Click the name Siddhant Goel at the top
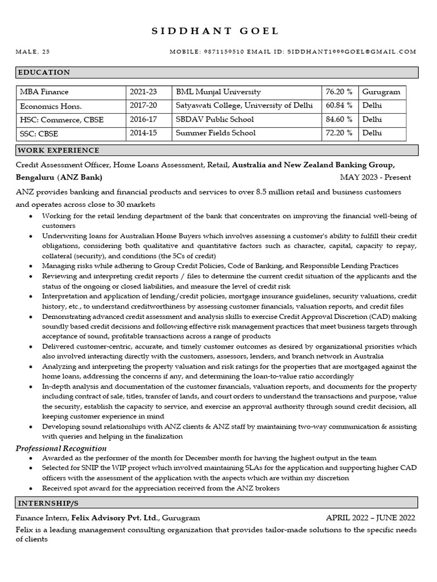(216, 31)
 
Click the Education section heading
(44, 73)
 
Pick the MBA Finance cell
(44, 92)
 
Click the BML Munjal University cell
(218, 92)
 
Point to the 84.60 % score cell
(339, 119)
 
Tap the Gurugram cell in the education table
(381, 92)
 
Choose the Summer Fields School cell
(216, 133)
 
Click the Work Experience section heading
(59, 151)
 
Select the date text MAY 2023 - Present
(376, 177)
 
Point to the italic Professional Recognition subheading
(61, 448)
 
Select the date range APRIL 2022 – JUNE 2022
(370, 518)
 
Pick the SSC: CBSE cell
(39, 133)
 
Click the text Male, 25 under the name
(32, 52)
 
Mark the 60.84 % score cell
(339, 106)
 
